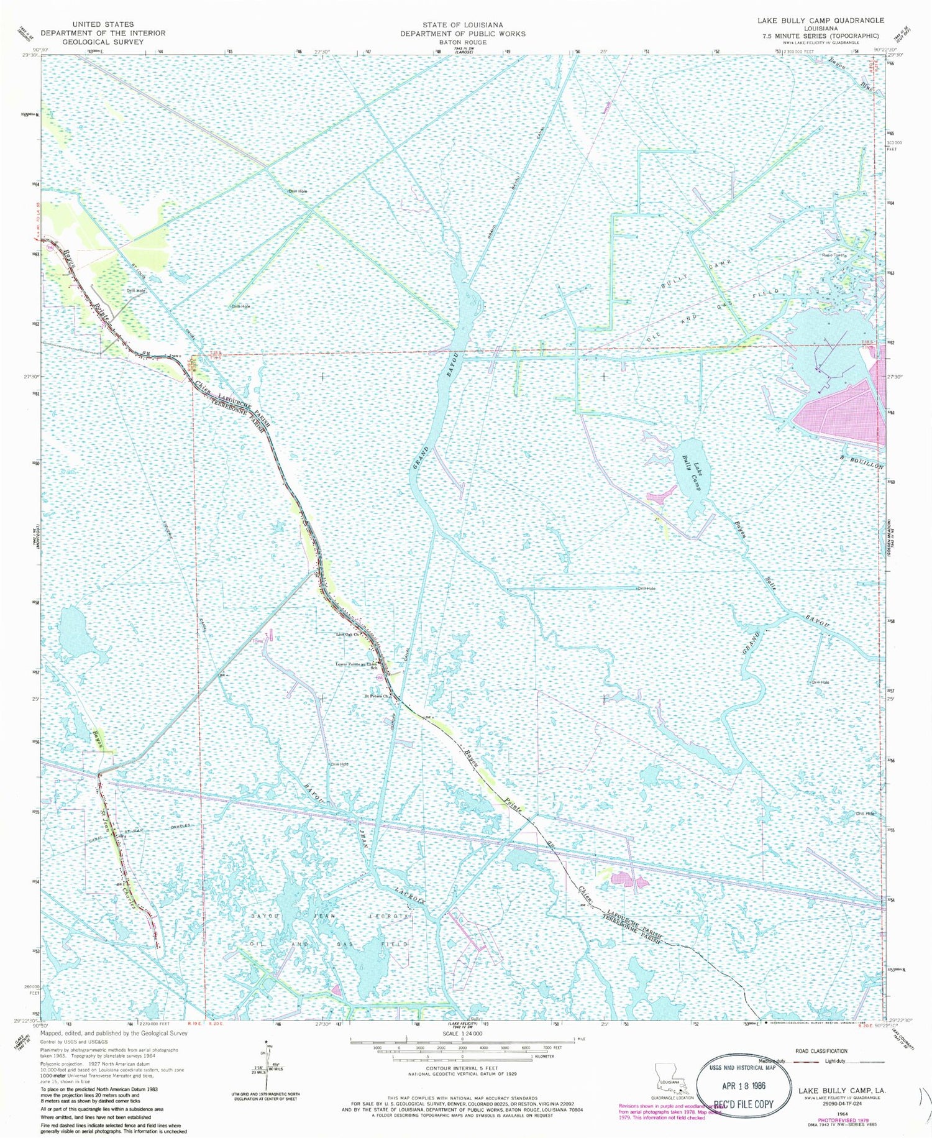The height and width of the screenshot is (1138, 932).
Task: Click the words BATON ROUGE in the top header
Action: click(462, 42)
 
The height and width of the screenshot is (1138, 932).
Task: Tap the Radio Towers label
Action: click(834, 255)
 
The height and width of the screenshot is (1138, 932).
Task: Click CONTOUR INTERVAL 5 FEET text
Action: click(462, 1068)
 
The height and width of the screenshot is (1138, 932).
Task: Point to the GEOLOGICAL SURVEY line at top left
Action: click(103, 42)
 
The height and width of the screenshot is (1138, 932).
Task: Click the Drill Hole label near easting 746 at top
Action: click(297, 191)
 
